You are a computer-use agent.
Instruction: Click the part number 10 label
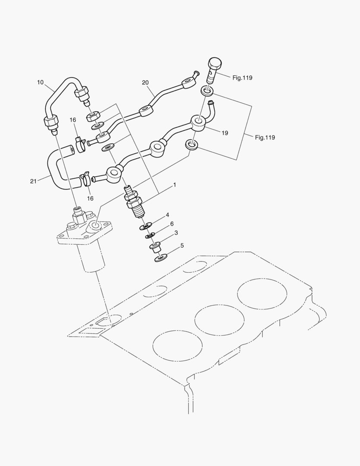(40, 82)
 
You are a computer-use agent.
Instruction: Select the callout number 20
(145, 82)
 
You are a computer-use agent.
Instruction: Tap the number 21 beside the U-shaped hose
(33, 182)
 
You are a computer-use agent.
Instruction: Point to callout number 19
(225, 133)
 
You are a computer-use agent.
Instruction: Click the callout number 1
(175, 185)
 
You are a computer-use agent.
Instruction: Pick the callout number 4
(167, 215)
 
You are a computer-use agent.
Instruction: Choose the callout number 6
(172, 224)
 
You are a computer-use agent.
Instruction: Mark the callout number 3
(176, 233)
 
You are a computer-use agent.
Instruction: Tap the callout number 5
(182, 246)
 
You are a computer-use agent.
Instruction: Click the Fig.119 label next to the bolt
(242, 78)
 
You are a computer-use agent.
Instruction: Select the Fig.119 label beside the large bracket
(265, 138)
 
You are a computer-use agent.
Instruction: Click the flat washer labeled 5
(161, 258)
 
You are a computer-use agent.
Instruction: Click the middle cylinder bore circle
(220, 321)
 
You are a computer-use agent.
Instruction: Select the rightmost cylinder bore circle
(262, 294)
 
